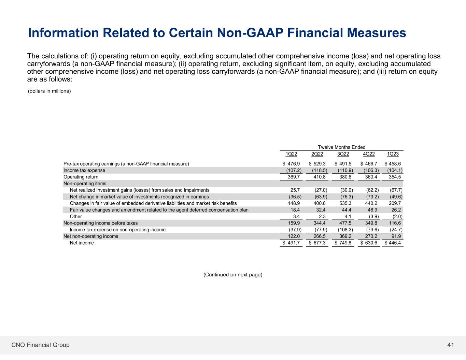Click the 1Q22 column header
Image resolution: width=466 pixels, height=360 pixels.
[x=291, y=154]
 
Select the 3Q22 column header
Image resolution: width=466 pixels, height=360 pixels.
[x=343, y=154]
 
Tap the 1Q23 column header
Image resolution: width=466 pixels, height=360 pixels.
[x=393, y=154]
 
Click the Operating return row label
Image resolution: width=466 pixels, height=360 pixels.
[x=81, y=177]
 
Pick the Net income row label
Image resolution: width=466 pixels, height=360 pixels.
[x=82, y=243]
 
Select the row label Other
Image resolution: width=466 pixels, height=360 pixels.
[x=76, y=216]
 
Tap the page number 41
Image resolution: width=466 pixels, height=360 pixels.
[x=451, y=345]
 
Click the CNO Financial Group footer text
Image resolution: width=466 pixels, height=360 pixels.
[x=40, y=345]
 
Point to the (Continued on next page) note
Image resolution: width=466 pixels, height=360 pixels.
[x=233, y=275]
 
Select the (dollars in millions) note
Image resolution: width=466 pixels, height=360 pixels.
[x=49, y=91]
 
